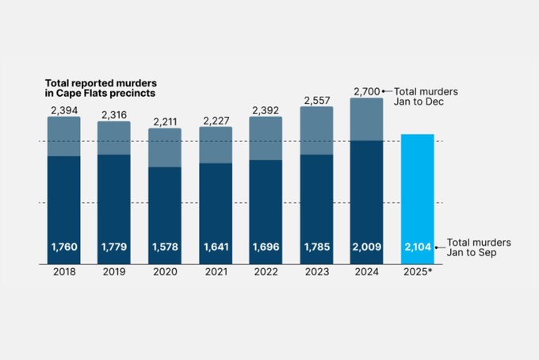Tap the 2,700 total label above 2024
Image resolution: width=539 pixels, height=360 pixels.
(x=366, y=91)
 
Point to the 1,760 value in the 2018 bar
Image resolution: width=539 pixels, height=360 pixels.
(x=63, y=247)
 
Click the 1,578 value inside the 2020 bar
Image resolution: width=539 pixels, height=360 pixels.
(x=164, y=247)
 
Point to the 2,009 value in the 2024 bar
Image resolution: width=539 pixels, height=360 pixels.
(x=366, y=247)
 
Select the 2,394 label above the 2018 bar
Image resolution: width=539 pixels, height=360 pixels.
(x=63, y=110)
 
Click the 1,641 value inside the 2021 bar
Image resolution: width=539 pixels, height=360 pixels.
(x=215, y=247)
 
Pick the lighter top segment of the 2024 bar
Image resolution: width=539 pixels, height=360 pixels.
(x=366, y=119)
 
